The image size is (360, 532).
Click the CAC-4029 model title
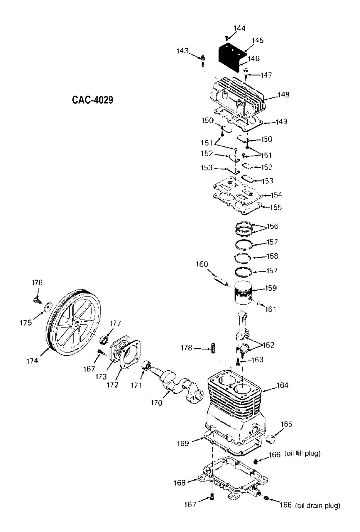(93, 100)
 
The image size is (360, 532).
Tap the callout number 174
(32, 361)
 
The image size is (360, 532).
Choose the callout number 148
(283, 95)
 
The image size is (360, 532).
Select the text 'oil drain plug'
(318, 506)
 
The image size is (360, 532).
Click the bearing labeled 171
(147, 366)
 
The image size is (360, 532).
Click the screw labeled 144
(226, 37)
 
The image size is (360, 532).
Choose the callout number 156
(272, 227)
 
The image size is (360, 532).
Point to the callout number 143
(182, 51)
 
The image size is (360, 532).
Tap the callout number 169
(183, 443)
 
